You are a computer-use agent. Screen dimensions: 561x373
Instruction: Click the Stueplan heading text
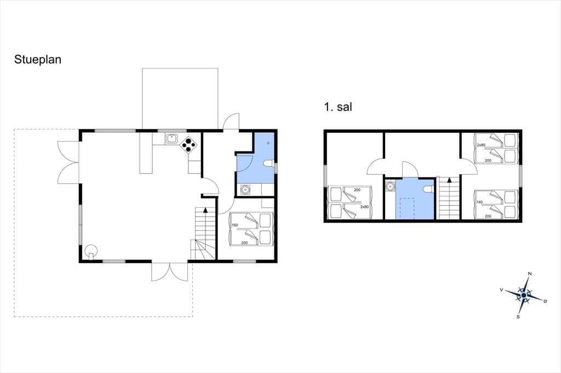click(38, 60)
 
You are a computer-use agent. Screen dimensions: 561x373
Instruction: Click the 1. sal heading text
click(338, 107)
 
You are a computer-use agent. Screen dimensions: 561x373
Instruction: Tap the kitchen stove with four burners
click(189, 144)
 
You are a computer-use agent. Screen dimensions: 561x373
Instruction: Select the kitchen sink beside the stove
click(171, 138)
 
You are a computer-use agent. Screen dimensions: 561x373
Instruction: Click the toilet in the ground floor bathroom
click(268, 164)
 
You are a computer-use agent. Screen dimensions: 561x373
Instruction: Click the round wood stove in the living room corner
click(91, 251)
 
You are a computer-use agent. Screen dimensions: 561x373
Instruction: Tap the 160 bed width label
click(234, 225)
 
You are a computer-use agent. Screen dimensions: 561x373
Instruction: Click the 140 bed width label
click(480, 202)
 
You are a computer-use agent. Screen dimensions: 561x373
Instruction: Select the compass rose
click(524, 295)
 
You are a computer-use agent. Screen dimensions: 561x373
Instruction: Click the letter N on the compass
click(530, 273)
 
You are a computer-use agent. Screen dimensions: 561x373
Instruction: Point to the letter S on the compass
click(518, 317)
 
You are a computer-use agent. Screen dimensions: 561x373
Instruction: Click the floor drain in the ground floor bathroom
click(268, 143)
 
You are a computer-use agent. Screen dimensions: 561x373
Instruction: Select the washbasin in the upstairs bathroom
click(390, 186)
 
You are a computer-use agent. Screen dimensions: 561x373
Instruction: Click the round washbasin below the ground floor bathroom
click(245, 190)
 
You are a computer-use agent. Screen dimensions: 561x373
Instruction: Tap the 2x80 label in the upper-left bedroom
click(364, 207)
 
